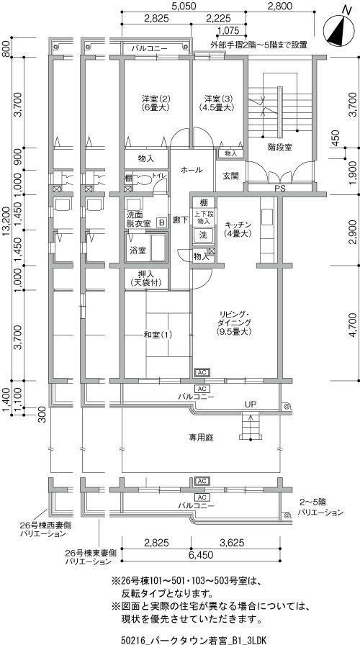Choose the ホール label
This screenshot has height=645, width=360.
192,169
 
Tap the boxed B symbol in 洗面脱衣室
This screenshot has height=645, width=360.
162,222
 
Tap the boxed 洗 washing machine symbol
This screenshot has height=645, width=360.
204,235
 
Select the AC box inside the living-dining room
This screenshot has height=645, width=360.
202,373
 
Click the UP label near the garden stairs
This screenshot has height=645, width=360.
251,405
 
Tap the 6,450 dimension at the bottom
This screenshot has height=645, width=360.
202,555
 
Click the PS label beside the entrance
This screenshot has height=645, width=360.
279,189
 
